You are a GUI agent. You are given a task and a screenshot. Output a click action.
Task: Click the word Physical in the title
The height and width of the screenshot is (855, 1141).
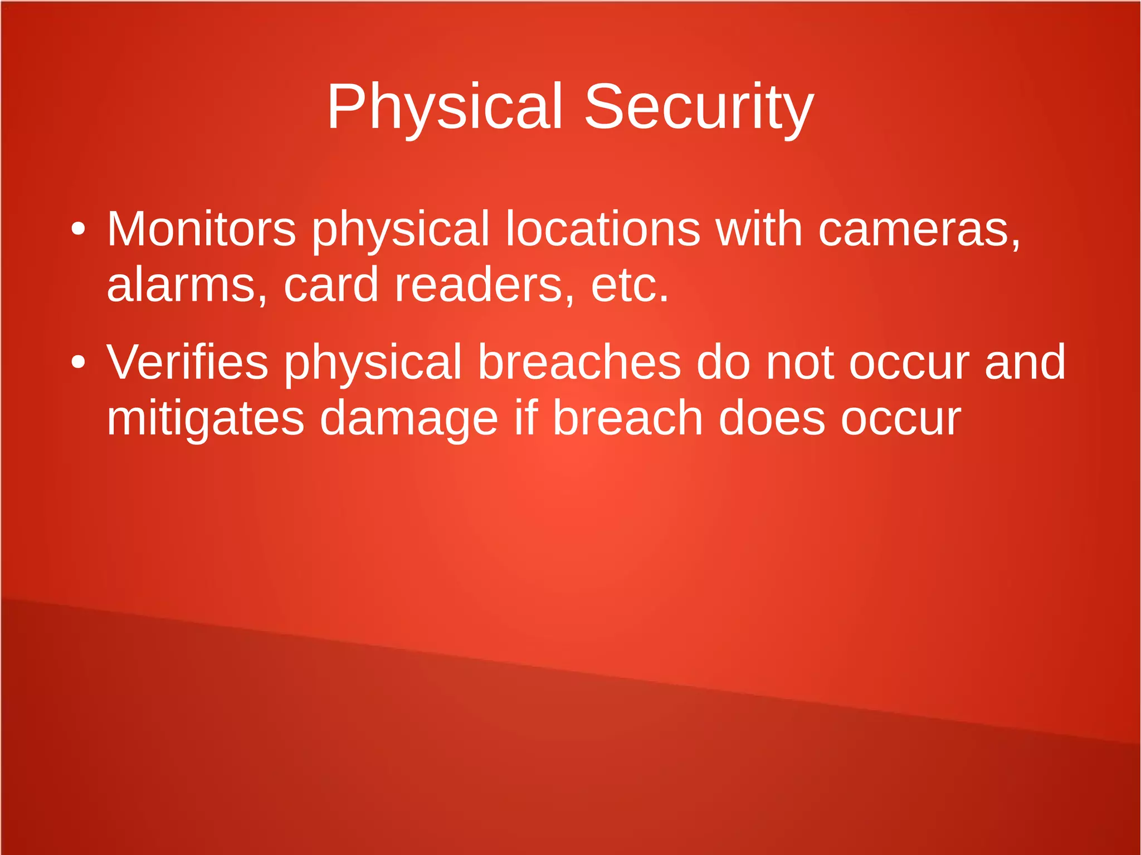click(x=444, y=107)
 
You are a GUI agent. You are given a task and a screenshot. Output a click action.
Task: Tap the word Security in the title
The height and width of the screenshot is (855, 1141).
click(x=699, y=107)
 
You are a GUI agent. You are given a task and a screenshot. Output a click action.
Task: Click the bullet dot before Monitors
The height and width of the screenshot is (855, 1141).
click(x=79, y=229)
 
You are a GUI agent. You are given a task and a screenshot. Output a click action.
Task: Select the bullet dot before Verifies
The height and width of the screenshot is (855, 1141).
click(x=79, y=363)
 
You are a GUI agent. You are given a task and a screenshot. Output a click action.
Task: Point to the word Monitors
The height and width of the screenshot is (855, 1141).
click(x=201, y=229)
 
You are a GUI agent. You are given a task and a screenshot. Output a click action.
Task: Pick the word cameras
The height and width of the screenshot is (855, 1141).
click(x=919, y=230)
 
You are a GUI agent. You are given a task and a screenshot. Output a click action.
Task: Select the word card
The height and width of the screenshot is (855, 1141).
click(x=331, y=285)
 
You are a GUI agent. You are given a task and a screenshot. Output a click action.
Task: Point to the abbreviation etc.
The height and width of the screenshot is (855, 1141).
click(x=630, y=286)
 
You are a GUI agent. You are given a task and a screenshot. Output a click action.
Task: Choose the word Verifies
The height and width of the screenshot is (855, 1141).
click(x=187, y=363)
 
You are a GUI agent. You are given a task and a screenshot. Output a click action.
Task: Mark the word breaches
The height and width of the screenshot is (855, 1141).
click(x=579, y=363)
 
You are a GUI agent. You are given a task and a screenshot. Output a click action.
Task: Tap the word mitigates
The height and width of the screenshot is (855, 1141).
click(x=206, y=419)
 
